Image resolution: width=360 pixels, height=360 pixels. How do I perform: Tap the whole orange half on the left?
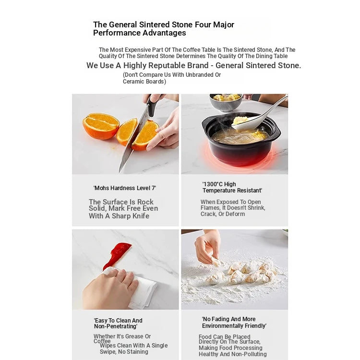(x=101, y=126)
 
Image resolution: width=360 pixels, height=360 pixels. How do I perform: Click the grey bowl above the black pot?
(x=226, y=102)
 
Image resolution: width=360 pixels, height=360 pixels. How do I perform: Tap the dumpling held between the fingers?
(x=216, y=261)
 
